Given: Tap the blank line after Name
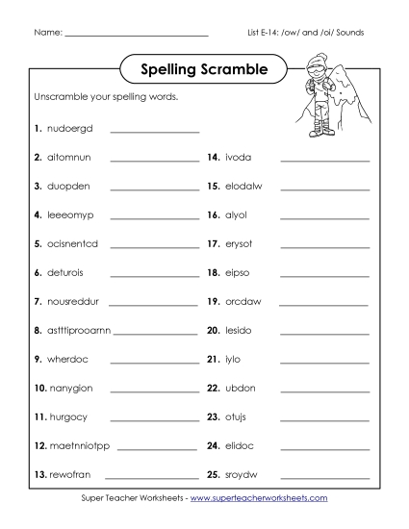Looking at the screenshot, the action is tap(136, 35).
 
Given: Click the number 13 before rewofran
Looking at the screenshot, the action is tap(39, 474).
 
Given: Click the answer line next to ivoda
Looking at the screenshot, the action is tap(324, 160).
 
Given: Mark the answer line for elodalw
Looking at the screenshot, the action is tap(324, 189).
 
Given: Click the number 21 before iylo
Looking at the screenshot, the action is tap(214, 359).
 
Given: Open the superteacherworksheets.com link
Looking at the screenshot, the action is tap(259, 498).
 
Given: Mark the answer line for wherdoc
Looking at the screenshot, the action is tap(155, 362).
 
